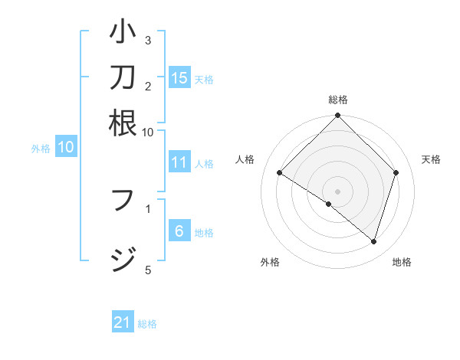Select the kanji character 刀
(x=123, y=78)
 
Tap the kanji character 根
(x=123, y=123)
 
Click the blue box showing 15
(x=179, y=77)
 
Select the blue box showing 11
(x=179, y=162)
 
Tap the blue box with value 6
(x=179, y=231)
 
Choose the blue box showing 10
(x=66, y=148)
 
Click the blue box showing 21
(x=123, y=322)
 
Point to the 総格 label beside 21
(x=147, y=324)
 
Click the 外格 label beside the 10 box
(x=41, y=149)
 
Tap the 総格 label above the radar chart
(x=337, y=100)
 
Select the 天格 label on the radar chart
(x=432, y=159)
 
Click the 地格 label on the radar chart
(x=402, y=262)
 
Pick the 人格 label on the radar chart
(x=245, y=159)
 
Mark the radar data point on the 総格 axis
(x=337, y=116)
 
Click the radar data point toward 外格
(x=328, y=204)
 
